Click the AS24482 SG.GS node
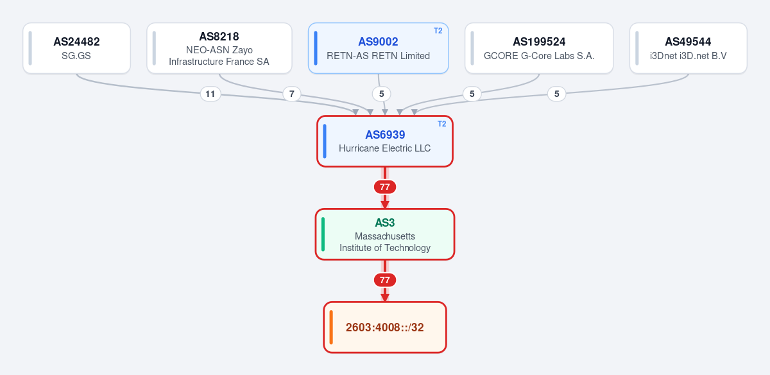[x=76, y=48]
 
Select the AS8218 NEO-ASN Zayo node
[x=219, y=48]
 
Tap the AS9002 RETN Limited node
[x=378, y=48]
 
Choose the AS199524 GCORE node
[x=539, y=48]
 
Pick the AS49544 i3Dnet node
[x=688, y=48]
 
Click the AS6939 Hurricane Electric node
[x=384, y=141]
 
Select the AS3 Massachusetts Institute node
[x=384, y=234]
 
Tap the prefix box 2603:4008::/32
[x=384, y=327]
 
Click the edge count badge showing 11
[x=210, y=94]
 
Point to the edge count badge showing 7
[x=291, y=94]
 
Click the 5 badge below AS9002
[x=382, y=94]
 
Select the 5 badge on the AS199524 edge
[x=472, y=94]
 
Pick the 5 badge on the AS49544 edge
[x=556, y=94]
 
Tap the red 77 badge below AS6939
[x=384, y=187]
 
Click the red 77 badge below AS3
[x=384, y=280]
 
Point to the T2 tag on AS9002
[x=438, y=31]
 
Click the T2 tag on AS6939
[x=441, y=124]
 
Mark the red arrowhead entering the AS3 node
[x=384, y=205]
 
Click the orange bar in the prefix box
[x=331, y=327]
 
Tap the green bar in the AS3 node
[x=323, y=234]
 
